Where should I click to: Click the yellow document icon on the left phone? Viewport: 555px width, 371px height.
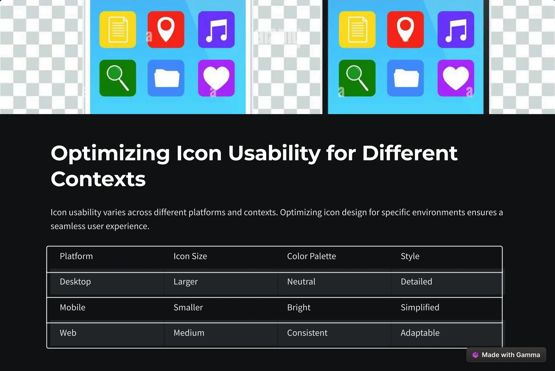tap(118, 30)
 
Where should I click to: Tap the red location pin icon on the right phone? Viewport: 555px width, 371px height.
tap(405, 30)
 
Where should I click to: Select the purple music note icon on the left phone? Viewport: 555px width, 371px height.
tap(216, 30)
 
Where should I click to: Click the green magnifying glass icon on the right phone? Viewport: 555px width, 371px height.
tap(357, 78)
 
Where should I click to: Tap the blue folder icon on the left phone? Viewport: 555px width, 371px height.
tap(166, 78)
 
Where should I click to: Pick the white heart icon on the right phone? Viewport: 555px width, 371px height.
tap(456, 78)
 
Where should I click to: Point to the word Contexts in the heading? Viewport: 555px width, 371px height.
tap(98, 179)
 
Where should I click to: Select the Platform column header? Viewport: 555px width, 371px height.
tap(76, 256)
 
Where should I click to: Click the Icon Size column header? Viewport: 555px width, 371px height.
tap(190, 256)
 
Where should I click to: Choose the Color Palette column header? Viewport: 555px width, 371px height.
tap(311, 256)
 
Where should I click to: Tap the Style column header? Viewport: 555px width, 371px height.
tap(410, 256)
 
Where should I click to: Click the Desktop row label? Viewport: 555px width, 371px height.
tap(75, 282)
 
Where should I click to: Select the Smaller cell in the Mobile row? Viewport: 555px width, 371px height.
tap(188, 307)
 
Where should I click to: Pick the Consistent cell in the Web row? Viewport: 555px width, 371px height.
tap(307, 333)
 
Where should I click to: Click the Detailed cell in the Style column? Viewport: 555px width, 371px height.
tap(416, 282)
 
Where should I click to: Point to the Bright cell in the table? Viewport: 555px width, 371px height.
tap(299, 307)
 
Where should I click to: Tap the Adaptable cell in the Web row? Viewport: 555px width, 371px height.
tap(420, 333)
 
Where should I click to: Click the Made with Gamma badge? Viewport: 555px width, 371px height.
tap(506, 355)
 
